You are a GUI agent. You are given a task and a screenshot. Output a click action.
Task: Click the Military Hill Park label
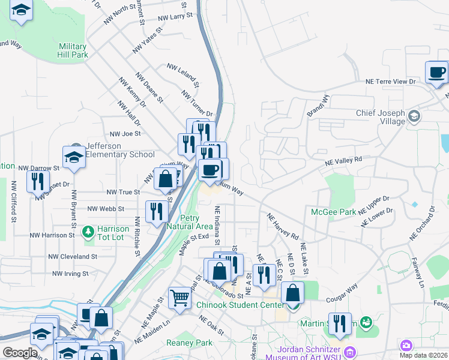coord(73,50)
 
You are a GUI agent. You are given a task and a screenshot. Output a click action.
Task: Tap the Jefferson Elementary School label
coord(120,150)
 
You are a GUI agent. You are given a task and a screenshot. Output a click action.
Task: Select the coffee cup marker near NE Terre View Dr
coord(436,73)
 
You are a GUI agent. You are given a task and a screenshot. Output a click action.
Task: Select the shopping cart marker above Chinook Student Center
coord(180,297)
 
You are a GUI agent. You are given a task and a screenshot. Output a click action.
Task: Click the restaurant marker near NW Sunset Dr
coord(38,181)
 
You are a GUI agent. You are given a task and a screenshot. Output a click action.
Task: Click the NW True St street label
coord(123,193)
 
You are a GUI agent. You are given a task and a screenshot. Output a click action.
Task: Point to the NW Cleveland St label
coord(74,257)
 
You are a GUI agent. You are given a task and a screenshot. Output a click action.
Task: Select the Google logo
coord(20,353)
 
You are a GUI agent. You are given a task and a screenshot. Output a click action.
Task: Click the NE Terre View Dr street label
coord(391,82)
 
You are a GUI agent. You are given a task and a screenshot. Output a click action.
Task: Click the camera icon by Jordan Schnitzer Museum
coord(406,345)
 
